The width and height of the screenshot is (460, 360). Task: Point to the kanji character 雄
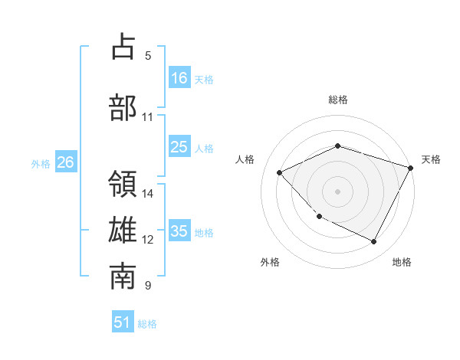pyautogui.click(x=123, y=231)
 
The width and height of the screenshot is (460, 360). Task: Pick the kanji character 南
pyautogui.click(x=123, y=277)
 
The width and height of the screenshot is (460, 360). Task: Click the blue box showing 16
pyautogui.click(x=179, y=77)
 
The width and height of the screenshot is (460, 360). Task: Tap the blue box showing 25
pyautogui.click(x=179, y=147)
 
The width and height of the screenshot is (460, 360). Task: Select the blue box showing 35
pyautogui.click(x=179, y=231)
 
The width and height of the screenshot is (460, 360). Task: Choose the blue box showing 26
pyautogui.click(x=65, y=162)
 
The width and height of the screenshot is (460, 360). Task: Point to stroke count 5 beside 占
pyautogui.click(x=148, y=56)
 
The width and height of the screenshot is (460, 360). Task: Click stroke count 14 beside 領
pyautogui.click(x=148, y=194)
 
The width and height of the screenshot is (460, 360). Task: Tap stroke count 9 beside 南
pyautogui.click(x=148, y=286)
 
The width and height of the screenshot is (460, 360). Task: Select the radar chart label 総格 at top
pyautogui.click(x=338, y=100)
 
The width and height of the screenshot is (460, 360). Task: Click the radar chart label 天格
pyautogui.click(x=431, y=159)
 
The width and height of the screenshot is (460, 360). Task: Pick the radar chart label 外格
pyautogui.click(x=270, y=262)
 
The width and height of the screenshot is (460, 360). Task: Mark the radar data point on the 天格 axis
pyautogui.click(x=412, y=168)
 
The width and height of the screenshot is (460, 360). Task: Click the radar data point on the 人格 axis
pyautogui.click(x=280, y=172)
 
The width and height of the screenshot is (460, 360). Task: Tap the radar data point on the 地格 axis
pyautogui.click(x=374, y=242)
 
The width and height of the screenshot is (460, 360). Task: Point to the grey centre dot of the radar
pyautogui.click(x=338, y=191)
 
